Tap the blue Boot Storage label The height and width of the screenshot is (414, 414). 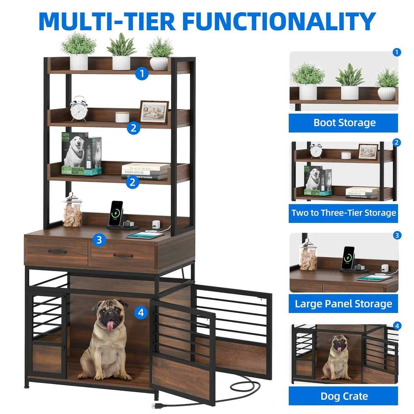click(x=344, y=123)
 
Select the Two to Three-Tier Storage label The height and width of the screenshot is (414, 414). click(x=344, y=213)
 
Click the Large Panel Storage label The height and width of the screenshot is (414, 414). click(x=344, y=304)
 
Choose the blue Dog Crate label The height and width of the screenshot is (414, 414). click(x=344, y=396)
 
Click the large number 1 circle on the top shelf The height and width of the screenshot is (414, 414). click(x=142, y=74)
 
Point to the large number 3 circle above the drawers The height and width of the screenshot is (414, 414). click(x=99, y=240)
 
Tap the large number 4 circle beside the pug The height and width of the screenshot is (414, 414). click(x=141, y=312)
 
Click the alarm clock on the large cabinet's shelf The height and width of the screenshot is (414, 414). click(x=79, y=109)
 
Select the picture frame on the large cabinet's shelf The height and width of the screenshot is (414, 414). click(x=154, y=112)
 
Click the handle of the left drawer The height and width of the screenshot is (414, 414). click(x=57, y=252)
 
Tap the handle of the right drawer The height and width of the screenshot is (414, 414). click(x=123, y=255)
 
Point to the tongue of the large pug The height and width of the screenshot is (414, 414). click(x=109, y=326)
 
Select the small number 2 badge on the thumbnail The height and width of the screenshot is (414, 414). click(x=396, y=143)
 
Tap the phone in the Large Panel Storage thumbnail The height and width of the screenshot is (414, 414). click(x=348, y=255)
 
